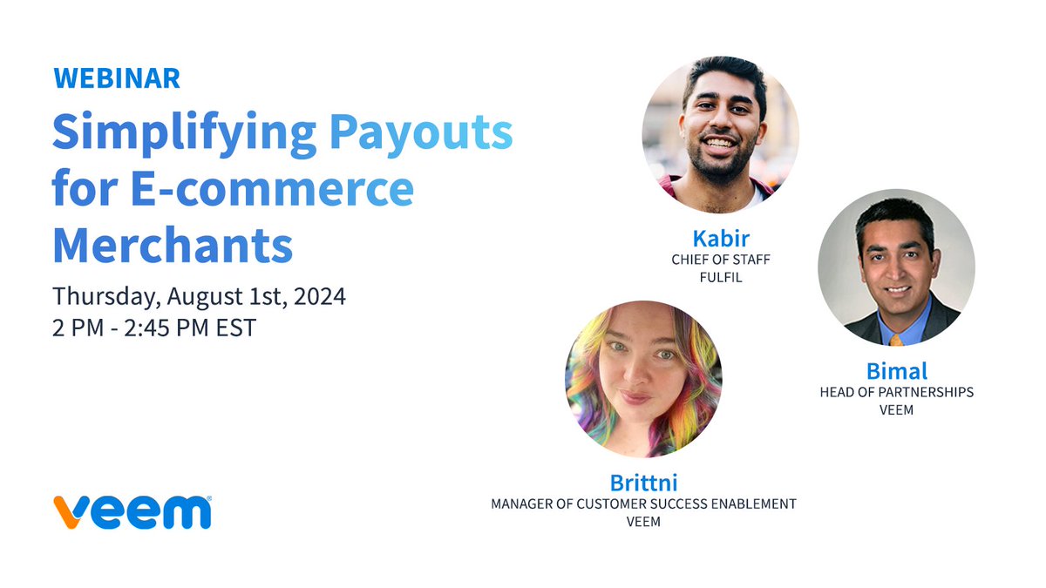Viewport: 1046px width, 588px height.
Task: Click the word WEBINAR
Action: [117, 78]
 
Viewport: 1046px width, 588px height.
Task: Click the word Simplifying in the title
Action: [184, 133]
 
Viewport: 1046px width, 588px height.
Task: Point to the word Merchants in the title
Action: [173, 245]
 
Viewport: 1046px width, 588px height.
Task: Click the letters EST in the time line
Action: [235, 329]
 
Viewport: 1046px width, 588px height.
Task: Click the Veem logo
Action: [132, 511]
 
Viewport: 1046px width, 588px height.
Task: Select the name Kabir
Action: [720, 239]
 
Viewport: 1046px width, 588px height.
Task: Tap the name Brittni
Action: [642, 482]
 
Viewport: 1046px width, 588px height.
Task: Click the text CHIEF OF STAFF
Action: [720, 260]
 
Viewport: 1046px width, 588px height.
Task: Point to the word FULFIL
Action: [720, 278]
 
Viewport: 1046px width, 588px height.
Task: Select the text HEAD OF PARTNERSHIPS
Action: [896, 392]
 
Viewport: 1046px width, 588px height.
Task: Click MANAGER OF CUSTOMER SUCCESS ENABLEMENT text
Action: [643, 504]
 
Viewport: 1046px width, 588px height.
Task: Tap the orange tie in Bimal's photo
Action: [896, 339]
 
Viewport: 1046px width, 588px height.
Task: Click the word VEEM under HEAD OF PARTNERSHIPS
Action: [896, 409]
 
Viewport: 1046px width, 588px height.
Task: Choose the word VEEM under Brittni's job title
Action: [643, 522]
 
